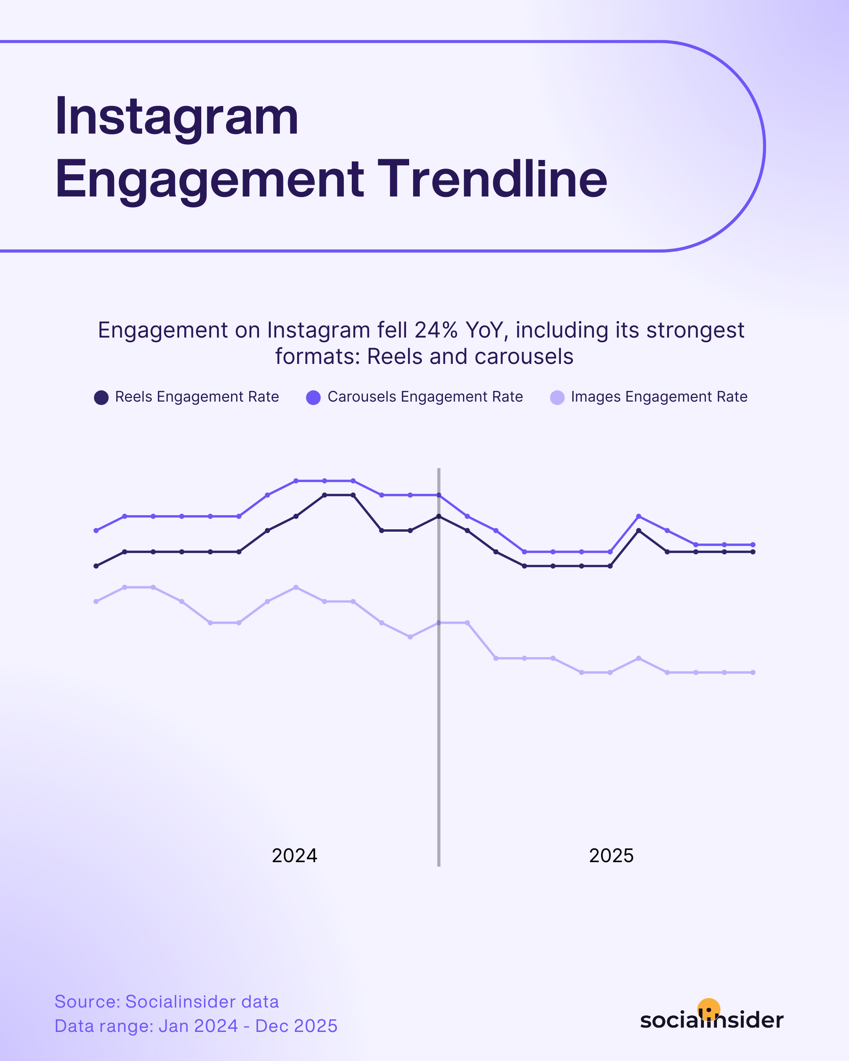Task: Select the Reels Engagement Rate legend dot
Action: click(x=101, y=398)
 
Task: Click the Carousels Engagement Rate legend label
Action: click(x=425, y=396)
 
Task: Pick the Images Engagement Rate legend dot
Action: click(x=557, y=398)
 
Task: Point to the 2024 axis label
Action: click(x=294, y=856)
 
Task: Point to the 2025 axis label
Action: click(x=611, y=856)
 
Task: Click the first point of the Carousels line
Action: click(x=96, y=530)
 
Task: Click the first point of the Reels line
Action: click(x=96, y=566)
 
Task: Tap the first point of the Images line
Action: click(x=96, y=601)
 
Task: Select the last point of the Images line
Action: click(x=753, y=672)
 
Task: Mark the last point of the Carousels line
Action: click(x=753, y=545)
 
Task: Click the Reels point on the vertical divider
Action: click(x=439, y=516)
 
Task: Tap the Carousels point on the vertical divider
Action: click(x=439, y=495)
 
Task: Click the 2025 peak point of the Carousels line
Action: click(x=638, y=516)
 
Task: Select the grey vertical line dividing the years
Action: click(x=439, y=738)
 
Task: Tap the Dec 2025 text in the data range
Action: click(x=296, y=1026)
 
